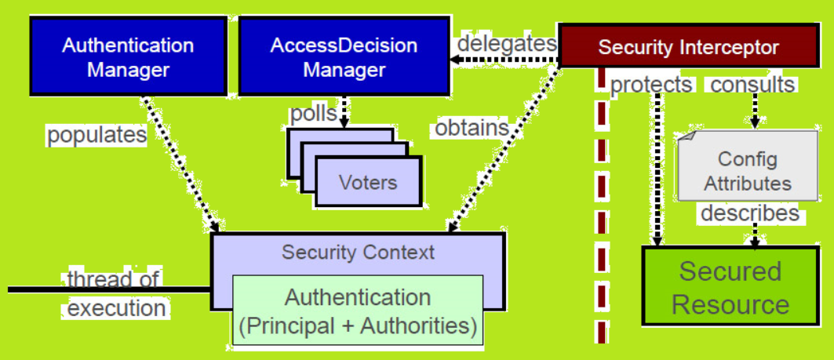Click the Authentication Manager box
click(x=128, y=56)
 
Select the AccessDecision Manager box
click(x=344, y=56)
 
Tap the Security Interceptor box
click(x=688, y=47)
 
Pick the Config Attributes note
click(x=747, y=172)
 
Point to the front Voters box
click(x=368, y=184)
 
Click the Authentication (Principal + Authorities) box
click(x=357, y=311)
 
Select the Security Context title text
click(x=358, y=253)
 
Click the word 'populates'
click(x=97, y=135)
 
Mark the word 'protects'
click(x=651, y=85)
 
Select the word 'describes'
click(x=749, y=213)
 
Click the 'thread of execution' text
click(x=115, y=293)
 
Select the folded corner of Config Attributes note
click(x=686, y=137)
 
